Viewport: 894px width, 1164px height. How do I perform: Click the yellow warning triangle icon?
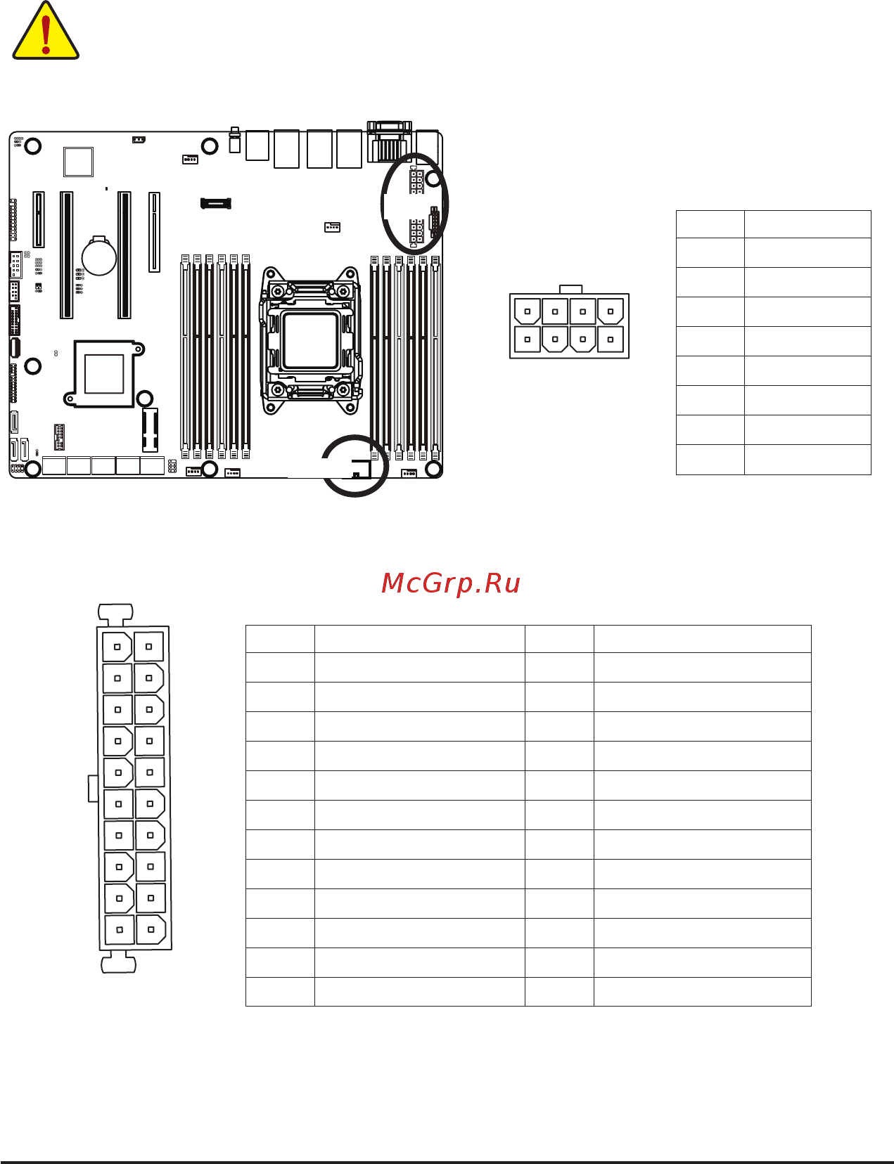coord(46,31)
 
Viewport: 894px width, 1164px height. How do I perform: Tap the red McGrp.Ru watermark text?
coord(451,583)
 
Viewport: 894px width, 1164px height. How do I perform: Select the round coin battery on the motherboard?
coord(99,256)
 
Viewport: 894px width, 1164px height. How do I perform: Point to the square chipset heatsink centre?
coord(104,374)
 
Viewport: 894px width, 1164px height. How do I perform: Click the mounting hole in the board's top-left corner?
coord(32,145)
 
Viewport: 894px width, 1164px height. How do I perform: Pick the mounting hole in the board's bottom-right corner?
coord(433,470)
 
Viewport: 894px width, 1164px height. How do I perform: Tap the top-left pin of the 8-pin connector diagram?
coord(528,311)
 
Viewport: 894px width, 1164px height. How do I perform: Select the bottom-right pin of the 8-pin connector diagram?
coord(611,339)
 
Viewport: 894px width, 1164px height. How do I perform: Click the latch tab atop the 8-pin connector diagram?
coord(571,290)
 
